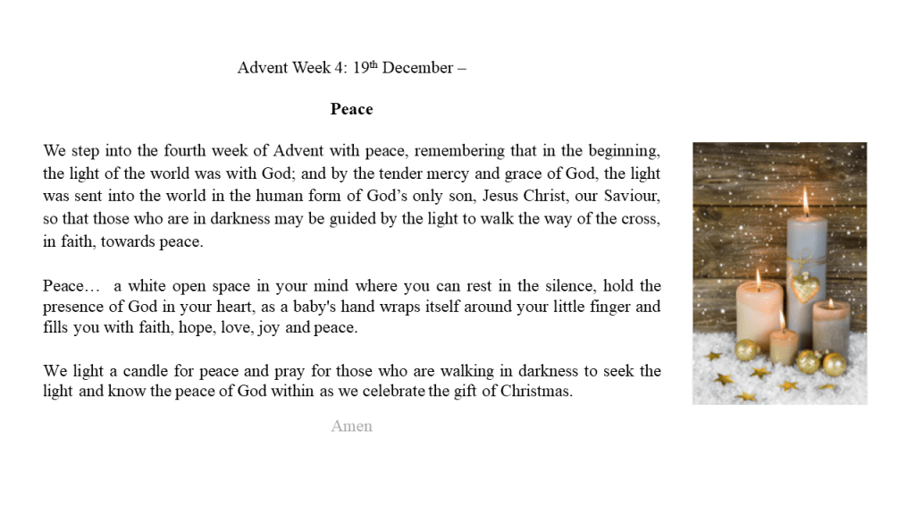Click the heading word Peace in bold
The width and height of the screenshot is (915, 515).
coord(351,109)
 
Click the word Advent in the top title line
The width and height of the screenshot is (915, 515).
coord(263,68)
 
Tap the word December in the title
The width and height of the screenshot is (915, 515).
coord(417,68)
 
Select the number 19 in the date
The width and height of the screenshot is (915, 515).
coord(361,68)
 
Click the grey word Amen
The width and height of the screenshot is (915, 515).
coord(351,426)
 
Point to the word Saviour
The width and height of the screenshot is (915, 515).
coord(633,196)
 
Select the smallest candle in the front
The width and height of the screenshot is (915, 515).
coord(784,344)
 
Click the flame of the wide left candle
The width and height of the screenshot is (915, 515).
coord(758,279)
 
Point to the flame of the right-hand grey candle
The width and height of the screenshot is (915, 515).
coord(831,303)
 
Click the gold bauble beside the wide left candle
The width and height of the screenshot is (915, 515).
coord(747,350)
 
